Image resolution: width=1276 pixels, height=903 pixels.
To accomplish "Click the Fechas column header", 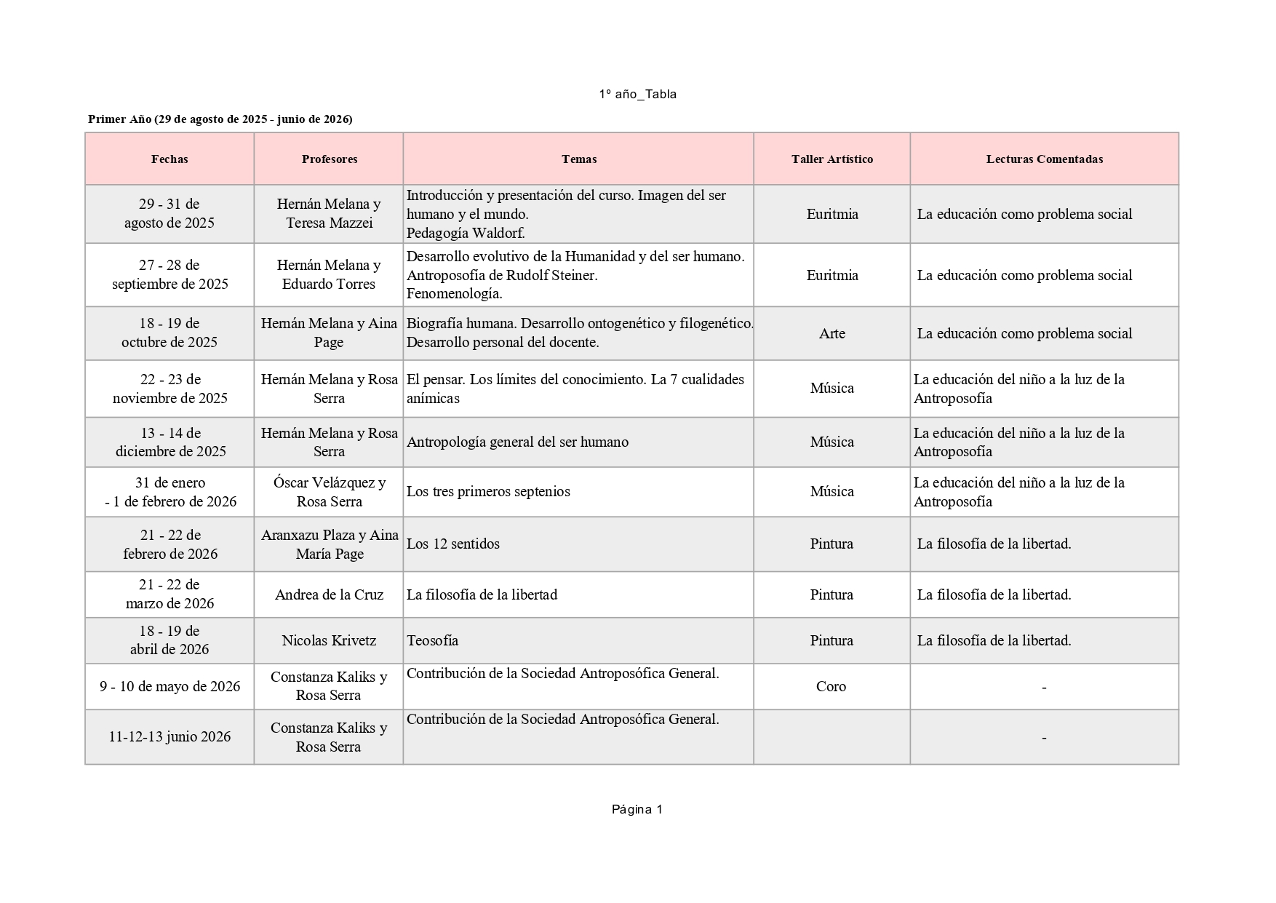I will coord(170,159).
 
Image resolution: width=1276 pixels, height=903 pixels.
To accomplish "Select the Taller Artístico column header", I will coord(832,159).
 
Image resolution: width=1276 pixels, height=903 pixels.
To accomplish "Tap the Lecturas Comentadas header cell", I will coord(1044,159).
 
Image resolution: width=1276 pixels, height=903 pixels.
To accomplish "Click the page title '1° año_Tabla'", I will coord(637,95).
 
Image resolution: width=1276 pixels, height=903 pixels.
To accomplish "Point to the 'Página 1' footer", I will coord(637,809).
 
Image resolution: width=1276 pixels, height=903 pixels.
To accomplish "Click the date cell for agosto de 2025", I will coord(170,214).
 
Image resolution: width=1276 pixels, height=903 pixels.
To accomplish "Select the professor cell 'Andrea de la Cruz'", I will coord(329,594).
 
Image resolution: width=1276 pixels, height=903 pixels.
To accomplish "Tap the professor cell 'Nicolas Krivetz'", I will coord(329,640).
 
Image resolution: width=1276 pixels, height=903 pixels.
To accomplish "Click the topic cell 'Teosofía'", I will coord(433,640).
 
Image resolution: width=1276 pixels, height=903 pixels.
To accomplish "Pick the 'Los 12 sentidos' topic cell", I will coord(453,544).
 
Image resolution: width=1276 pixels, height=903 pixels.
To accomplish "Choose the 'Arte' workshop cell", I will coord(832,333).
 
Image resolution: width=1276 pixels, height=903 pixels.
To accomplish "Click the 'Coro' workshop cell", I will coord(831,686).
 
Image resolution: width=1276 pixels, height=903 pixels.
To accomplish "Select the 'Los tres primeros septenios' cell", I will coord(488,491).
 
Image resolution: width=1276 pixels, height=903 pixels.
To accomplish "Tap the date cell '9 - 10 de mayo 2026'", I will coord(170,686).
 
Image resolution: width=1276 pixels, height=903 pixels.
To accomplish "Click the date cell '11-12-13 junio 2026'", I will coord(170,736).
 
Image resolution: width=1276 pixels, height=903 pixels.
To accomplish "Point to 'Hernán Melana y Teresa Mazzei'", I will coord(329,214).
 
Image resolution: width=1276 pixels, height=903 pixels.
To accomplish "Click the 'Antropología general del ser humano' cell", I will coord(517,442).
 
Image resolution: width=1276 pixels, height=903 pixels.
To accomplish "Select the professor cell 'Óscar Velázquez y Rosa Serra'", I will coord(329,492).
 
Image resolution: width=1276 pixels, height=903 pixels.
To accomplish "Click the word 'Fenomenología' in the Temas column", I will coord(453,294).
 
